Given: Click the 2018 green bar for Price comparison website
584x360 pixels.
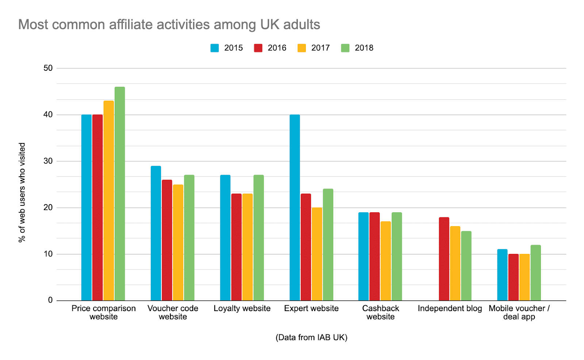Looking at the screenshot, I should tap(120, 193).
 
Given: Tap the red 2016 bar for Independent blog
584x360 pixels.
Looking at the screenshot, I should tap(444, 259).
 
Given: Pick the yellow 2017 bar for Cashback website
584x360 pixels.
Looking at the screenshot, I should tap(385, 261).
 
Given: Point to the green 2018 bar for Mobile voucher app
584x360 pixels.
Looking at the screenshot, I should tap(535, 272).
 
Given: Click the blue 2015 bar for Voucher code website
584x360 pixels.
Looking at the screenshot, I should tap(156, 233).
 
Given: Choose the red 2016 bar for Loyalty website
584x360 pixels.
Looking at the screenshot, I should tap(236, 247).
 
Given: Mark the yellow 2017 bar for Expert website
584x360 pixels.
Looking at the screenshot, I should tap(317, 254).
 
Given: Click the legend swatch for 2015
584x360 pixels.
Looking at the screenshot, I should tap(215, 48).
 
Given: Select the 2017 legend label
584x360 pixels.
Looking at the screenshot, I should tap(320, 48).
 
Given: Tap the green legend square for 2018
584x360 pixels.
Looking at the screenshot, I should tap(345, 48).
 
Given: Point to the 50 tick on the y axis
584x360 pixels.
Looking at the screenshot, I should tap(48, 68).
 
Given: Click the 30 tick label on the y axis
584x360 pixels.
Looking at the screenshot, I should tap(48, 161).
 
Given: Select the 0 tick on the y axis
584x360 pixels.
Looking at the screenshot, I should tap(50, 300).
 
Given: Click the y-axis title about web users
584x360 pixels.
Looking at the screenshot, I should tap(22, 192).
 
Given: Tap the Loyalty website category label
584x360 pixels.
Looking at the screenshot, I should tap(242, 309).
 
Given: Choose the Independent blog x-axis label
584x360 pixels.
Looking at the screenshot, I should tap(450, 309).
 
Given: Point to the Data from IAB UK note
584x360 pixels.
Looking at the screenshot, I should tap(311, 337).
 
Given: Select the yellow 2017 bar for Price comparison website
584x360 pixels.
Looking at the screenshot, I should tap(108, 200).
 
